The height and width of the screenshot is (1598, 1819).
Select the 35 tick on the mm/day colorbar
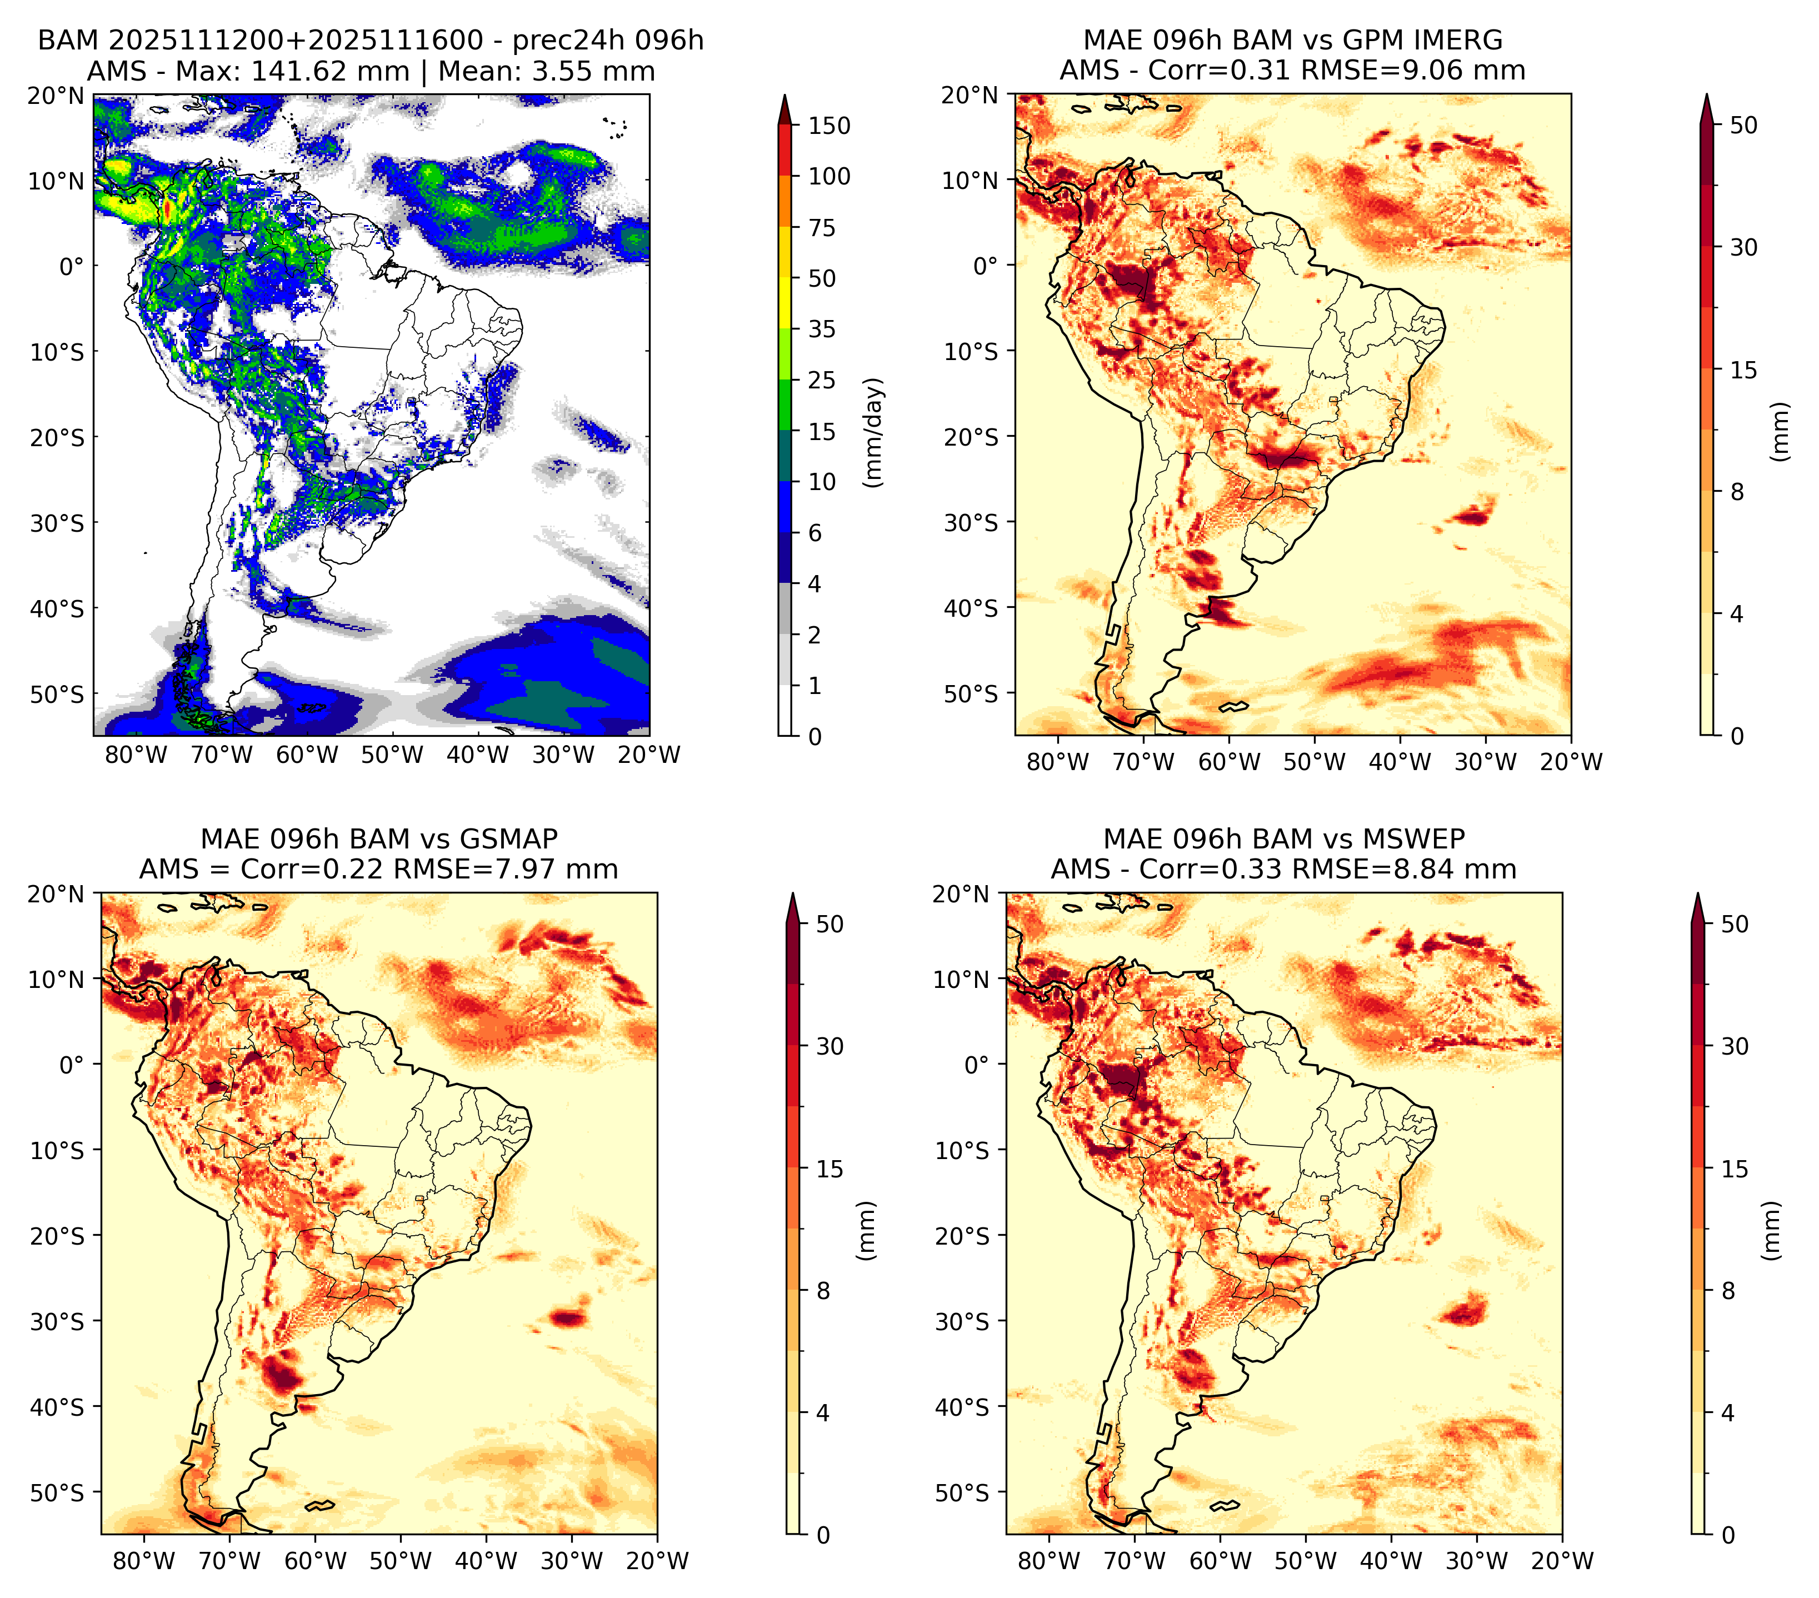coord(821,329)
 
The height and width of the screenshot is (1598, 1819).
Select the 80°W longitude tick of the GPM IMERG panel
coord(1058,762)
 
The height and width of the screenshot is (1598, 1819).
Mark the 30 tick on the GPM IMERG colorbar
coord(1744,247)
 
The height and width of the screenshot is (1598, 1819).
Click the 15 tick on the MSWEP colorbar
coord(1735,1169)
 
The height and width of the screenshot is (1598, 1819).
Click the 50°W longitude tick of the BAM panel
coord(392,755)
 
